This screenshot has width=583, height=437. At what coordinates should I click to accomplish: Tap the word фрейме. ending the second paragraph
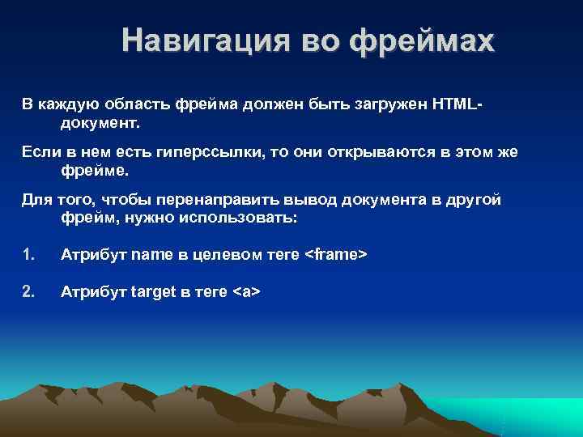95,172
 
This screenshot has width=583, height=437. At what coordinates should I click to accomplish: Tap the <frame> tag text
337,255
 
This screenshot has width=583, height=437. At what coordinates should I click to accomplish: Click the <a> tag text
246,291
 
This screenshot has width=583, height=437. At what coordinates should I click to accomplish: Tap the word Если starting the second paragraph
37,153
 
